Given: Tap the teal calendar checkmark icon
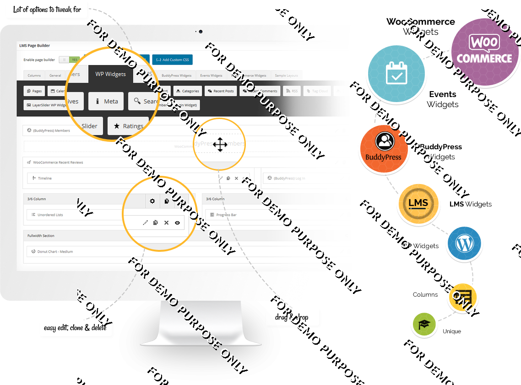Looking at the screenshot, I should click(x=396, y=73).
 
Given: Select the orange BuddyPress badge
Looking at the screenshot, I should click(x=384, y=149).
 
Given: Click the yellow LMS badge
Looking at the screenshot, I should click(x=418, y=203).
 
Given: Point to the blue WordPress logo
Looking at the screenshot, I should click(x=464, y=244).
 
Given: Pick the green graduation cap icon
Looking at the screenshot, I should click(x=424, y=324).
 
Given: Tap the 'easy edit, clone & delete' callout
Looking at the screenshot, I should click(x=75, y=328).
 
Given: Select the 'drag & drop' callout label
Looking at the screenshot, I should click(x=292, y=317).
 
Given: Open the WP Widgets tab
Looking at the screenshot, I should click(x=110, y=74).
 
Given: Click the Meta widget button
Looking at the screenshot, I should click(x=106, y=102).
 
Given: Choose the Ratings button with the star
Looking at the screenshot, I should click(x=128, y=126).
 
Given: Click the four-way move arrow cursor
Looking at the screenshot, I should click(x=220, y=145).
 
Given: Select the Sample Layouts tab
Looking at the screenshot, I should click(x=286, y=76).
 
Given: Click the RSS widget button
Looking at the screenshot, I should click(x=292, y=91).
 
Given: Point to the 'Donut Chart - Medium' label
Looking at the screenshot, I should click(x=55, y=252).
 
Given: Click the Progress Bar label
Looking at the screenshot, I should click(x=226, y=215).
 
